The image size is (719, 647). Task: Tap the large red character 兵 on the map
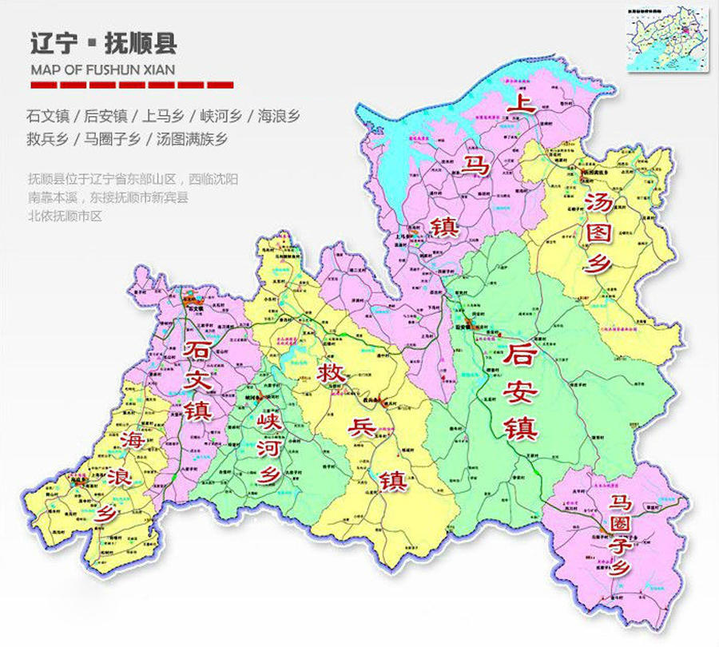pyautogui.click(x=363, y=428)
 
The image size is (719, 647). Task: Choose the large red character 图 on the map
pyautogui.click(x=599, y=230)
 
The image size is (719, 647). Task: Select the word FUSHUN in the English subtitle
pyautogui.click(x=113, y=68)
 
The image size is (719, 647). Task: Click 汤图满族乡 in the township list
pyautogui.click(x=193, y=139)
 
